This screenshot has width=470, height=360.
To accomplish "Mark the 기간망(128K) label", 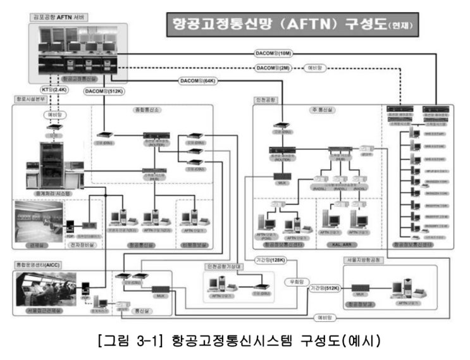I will pos(271,260).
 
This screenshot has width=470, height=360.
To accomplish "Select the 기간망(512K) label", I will pos(325,288).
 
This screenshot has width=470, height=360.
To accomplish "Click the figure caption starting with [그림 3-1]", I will pos(239,342).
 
